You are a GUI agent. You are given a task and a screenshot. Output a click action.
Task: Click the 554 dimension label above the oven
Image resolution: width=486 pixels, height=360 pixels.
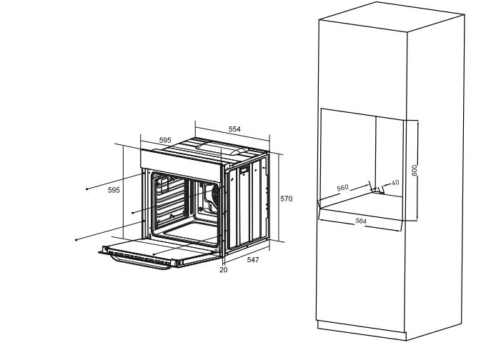pos(234,129)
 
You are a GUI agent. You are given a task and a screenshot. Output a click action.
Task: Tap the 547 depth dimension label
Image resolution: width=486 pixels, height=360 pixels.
pos(253,260)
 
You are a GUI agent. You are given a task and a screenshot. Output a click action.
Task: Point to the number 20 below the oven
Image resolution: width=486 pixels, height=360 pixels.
pos(223,270)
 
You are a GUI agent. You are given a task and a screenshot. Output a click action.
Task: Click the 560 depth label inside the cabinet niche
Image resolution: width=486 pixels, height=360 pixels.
pos(343,188)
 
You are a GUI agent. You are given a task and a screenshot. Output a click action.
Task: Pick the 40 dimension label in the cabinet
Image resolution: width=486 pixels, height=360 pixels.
pos(395,183)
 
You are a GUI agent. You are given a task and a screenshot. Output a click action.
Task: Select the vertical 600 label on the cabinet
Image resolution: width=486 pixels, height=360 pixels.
pos(414,171)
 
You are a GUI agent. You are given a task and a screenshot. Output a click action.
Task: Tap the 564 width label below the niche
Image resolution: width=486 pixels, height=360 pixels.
pos(361,221)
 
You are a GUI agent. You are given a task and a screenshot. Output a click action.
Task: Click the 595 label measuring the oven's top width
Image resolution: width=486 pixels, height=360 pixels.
pos(165,141)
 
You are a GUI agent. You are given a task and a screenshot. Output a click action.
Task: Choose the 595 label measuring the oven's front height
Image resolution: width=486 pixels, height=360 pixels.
pos(113,190)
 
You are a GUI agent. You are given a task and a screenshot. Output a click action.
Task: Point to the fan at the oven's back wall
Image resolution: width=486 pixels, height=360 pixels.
pos(210,194)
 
